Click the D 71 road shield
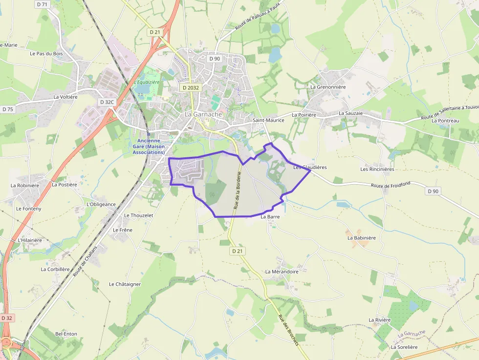[x=43, y=4]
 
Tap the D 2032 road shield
[x=190, y=87]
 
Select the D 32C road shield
[x=106, y=102]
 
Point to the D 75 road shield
[x=7, y=109]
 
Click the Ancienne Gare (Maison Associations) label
[x=149, y=147]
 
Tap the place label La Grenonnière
[x=328, y=87]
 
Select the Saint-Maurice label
[x=268, y=120]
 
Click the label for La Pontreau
[x=445, y=121]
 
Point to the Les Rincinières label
[x=377, y=169]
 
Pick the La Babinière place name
[x=362, y=238]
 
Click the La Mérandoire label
[x=282, y=272]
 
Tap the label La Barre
[x=270, y=216]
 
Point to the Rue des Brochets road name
[x=288, y=330]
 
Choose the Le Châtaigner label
[x=125, y=284]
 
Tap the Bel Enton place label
[x=66, y=334]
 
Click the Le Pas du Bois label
[x=46, y=53]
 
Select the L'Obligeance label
[x=101, y=204]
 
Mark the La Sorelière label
[x=404, y=347]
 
